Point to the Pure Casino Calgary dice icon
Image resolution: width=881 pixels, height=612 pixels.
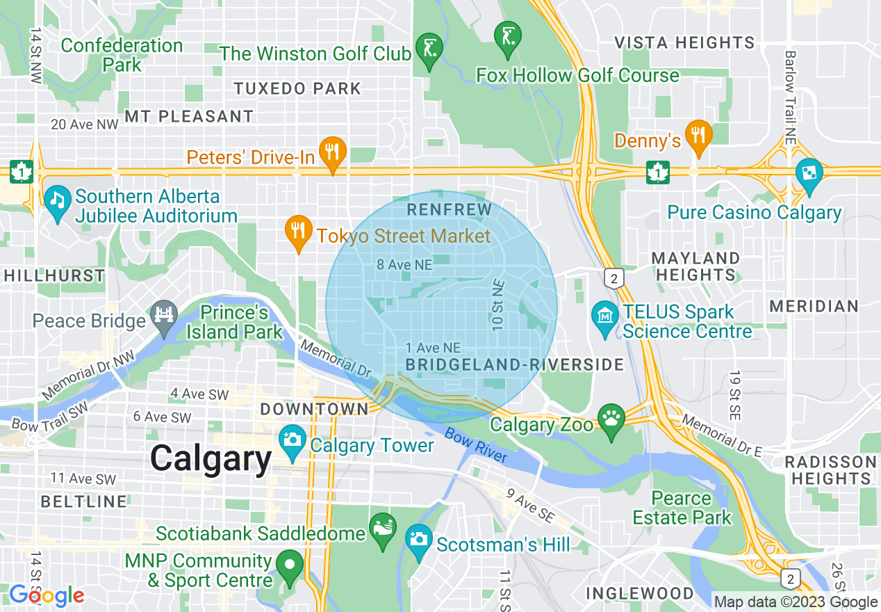click(809, 173)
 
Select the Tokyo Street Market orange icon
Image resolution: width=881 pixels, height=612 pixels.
click(299, 232)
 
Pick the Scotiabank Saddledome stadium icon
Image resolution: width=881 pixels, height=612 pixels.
click(383, 530)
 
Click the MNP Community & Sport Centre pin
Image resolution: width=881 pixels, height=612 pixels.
click(290, 566)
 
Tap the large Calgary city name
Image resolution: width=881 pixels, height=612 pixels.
click(211, 459)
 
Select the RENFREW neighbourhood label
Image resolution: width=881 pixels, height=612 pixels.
click(449, 209)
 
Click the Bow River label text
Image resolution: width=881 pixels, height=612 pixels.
click(476, 446)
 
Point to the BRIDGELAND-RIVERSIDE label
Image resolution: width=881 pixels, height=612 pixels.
click(515, 364)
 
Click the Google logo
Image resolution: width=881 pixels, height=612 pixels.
click(47, 595)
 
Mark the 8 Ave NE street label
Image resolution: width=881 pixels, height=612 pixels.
click(404, 264)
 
